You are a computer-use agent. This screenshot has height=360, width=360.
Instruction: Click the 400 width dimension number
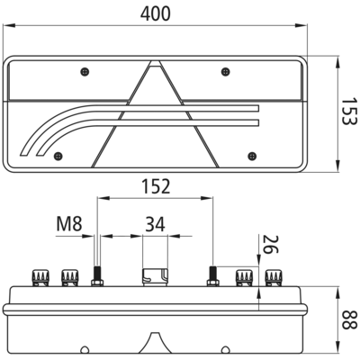(156, 13)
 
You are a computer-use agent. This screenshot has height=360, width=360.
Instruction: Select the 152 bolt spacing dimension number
(156, 186)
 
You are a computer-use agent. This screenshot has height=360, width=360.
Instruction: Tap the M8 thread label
(69, 224)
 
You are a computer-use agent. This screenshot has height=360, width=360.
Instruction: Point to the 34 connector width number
(155, 225)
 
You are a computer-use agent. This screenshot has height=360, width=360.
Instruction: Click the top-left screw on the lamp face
(85, 72)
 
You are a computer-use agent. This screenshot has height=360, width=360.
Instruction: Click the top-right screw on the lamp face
(225, 72)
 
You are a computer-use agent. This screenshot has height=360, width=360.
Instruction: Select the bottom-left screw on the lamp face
(58, 156)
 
